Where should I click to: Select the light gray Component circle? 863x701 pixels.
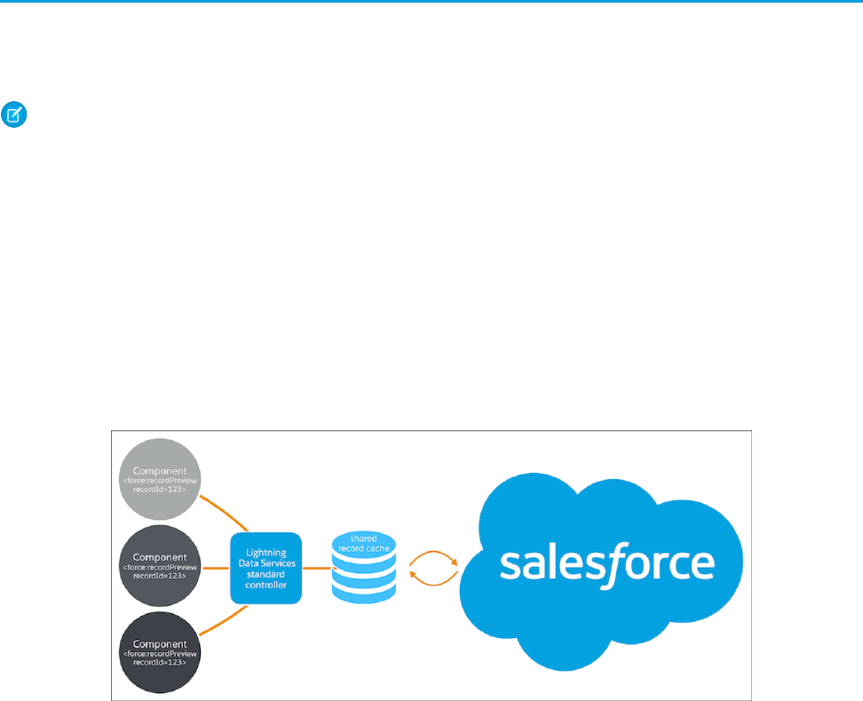coord(161,480)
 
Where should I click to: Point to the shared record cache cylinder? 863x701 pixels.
coord(363,568)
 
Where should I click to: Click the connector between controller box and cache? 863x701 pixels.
coord(315,568)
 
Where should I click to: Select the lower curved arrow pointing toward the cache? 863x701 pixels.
coord(432,580)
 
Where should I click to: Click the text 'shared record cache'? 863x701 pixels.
coord(363,541)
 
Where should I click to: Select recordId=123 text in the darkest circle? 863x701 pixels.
coord(161,663)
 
